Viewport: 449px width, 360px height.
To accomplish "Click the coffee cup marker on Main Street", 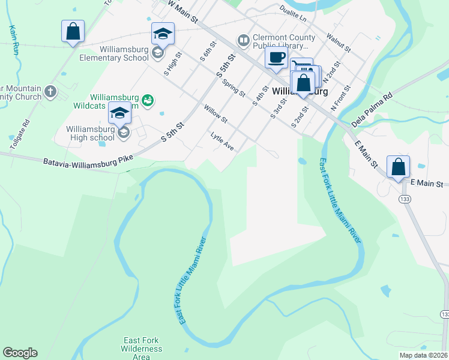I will (x=276, y=58).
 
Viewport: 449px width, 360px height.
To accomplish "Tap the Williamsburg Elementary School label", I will (x=114, y=58).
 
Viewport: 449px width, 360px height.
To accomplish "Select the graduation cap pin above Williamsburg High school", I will (x=120, y=113).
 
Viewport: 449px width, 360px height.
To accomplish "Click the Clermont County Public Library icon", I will (x=243, y=40).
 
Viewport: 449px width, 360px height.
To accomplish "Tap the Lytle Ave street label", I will (x=222, y=141).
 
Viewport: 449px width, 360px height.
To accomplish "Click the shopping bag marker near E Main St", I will (x=398, y=167).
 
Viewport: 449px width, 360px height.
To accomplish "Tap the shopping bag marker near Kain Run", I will (x=73, y=31).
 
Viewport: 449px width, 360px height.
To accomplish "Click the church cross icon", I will (x=50, y=92).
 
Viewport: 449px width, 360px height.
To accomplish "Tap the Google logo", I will (x=20, y=353).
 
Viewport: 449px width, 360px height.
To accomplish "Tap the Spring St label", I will (x=233, y=88).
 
